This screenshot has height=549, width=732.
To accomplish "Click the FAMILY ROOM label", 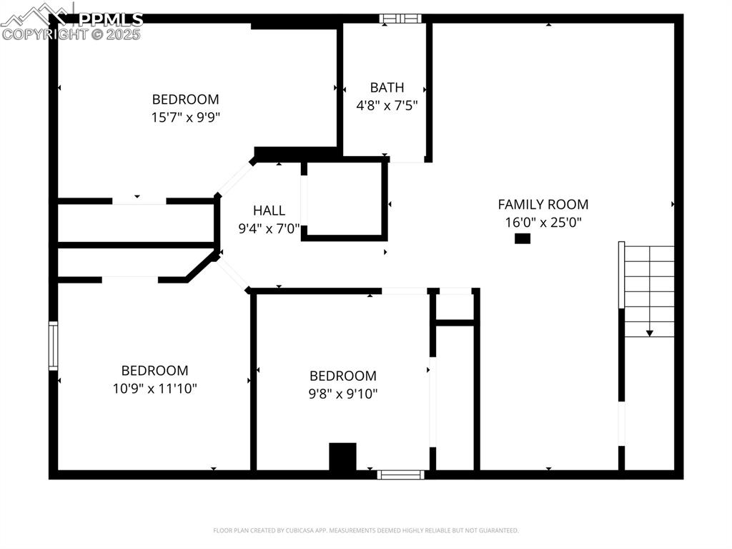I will [543, 204].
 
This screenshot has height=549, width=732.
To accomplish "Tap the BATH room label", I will [387, 87].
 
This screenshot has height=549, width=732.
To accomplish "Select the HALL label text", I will [269, 210].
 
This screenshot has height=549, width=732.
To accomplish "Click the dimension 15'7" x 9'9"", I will [185, 117].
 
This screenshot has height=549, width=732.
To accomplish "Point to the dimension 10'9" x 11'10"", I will [154, 389].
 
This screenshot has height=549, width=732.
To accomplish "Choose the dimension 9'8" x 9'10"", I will [342, 393].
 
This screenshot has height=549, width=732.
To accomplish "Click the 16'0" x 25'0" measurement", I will [543, 222].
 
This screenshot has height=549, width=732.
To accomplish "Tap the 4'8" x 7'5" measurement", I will [387, 105].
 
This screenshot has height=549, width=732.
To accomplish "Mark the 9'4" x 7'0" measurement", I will [269, 229].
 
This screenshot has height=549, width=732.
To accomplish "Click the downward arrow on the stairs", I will [649, 332].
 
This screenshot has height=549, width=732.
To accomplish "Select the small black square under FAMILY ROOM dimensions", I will [523, 238].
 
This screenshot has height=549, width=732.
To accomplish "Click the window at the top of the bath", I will [400, 19].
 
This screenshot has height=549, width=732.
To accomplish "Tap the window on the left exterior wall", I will [53, 346].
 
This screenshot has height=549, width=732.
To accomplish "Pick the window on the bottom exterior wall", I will [400, 474].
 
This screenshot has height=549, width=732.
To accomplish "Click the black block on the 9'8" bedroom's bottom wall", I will [342, 457].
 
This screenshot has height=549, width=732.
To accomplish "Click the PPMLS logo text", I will [110, 19].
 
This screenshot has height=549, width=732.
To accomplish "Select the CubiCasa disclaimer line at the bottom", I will [365, 530].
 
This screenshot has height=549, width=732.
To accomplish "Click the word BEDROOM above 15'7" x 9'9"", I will [185, 99].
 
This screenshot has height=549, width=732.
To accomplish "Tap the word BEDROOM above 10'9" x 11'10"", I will [154, 371].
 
